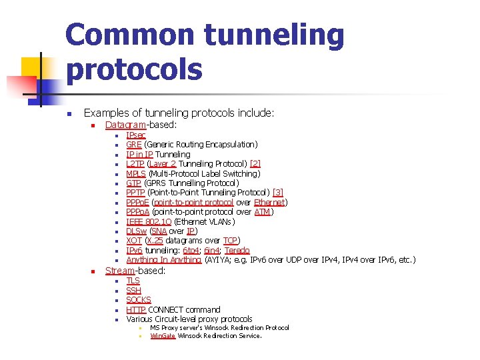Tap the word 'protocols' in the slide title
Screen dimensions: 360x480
(x=134, y=69)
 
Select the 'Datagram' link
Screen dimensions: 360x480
(x=125, y=125)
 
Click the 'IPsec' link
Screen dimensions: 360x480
(x=136, y=135)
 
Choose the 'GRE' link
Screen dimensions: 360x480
(x=133, y=144)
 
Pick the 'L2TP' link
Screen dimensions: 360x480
(x=136, y=163)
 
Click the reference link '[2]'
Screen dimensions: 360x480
(x=255, y=163)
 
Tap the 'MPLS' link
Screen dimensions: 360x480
(x=136, y=173)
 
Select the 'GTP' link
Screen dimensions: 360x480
(x=133, y=183)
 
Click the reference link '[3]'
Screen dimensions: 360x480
(x=278, y=193)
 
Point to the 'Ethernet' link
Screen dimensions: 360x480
(x=269, y=202)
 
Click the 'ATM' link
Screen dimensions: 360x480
(x=262, y=212)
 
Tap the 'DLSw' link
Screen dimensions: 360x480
(x=137, y=231)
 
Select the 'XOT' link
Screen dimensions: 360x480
(x=134, y=241)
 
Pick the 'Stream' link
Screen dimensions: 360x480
(x=120, y=271)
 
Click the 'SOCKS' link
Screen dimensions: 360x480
(x=139, y=300)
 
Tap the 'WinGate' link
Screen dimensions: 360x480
(x=163, y=336)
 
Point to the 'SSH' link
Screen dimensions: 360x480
(x=133, y=290)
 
